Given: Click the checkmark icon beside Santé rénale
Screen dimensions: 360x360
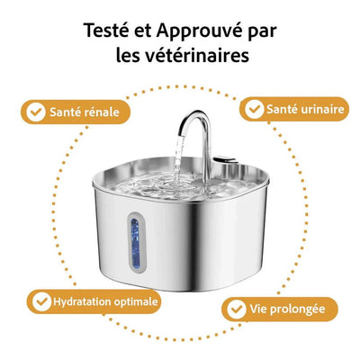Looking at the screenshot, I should [35, 112].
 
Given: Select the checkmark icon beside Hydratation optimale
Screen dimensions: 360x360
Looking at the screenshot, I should [40, 300].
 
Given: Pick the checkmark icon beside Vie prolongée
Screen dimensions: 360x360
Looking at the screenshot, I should [236, 308].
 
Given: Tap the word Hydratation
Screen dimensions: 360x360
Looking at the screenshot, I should [83, 300].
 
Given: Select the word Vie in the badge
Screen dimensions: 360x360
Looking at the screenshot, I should [260, 308].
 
